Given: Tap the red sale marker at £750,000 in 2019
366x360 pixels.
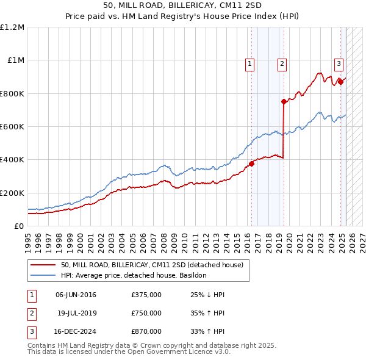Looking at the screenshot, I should coord(284,102).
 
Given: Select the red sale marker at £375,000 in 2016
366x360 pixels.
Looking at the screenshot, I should coord(251,164).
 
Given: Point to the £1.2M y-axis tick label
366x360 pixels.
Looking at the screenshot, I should coord(12,27).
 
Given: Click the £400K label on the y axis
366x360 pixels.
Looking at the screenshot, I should coord(12,160).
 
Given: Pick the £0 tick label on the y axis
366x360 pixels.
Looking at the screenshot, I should coord(18,226).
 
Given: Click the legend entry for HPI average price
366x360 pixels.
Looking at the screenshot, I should coord(134,275).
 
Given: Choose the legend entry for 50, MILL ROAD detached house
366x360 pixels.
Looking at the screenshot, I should coord(152,265).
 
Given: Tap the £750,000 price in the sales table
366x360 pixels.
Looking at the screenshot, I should coord(146,314).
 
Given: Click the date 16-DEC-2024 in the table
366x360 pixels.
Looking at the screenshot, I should coord(76,332).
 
